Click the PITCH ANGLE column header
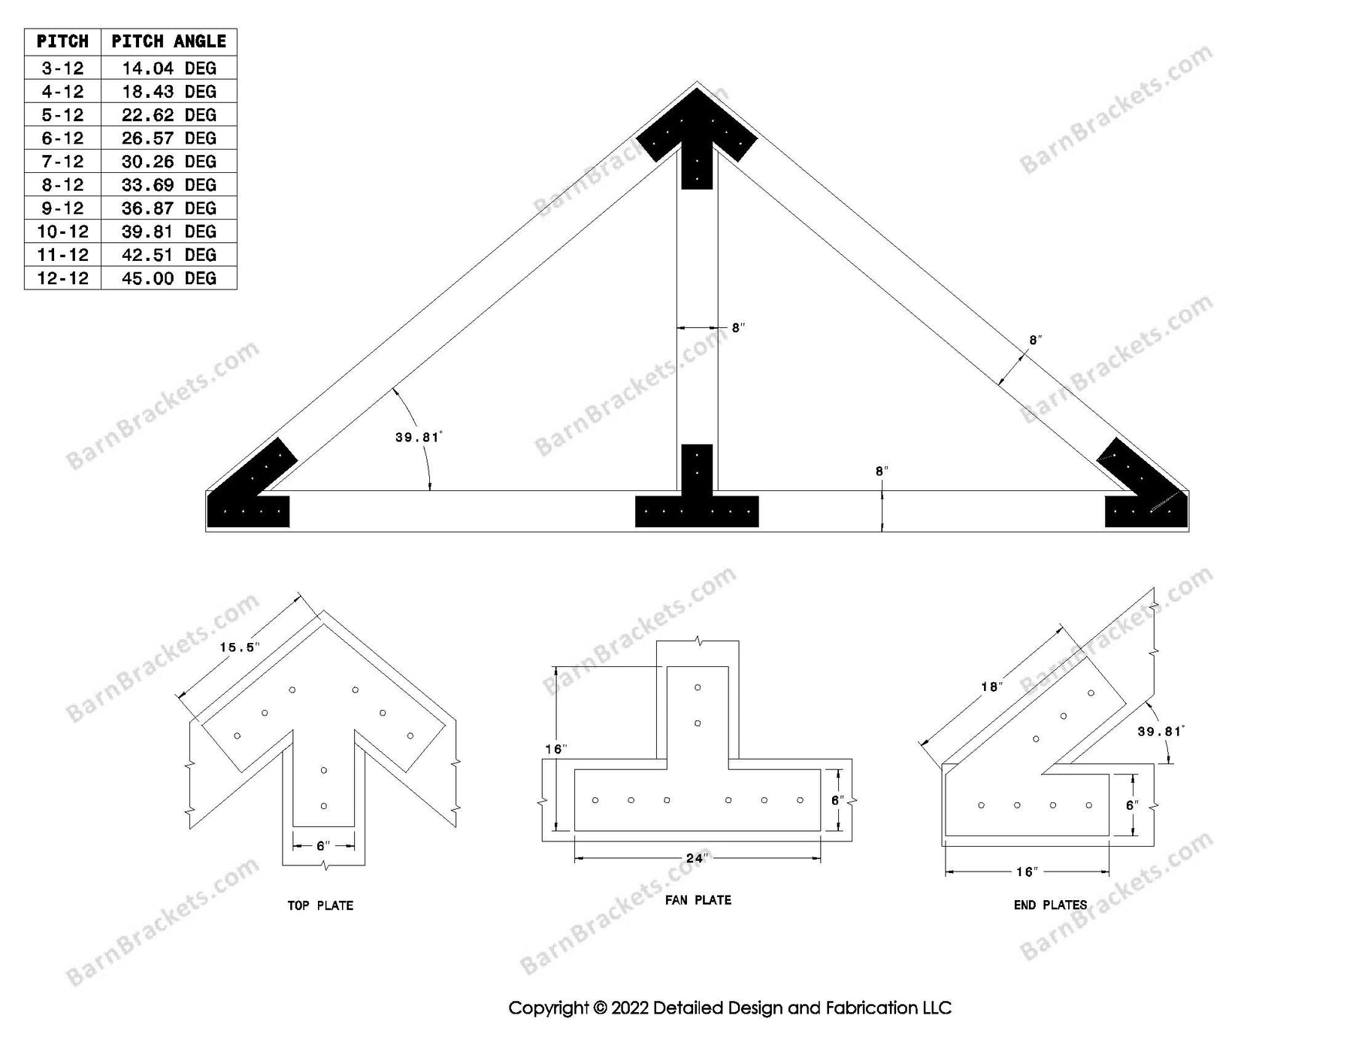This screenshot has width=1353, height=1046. point(168,41)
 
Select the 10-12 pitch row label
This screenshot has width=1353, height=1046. point(62,232)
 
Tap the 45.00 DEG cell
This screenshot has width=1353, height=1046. point(168,278)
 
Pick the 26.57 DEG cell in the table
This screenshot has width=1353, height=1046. point(168,138)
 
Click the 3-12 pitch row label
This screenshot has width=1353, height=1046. point(62,68)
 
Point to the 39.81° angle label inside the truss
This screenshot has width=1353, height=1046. point(419,437)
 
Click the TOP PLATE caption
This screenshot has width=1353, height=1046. point(320,905)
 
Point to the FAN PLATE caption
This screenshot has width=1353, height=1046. point(698,899)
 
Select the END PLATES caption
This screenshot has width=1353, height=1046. point(1050,905)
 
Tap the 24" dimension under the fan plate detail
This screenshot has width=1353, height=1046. point(696,858)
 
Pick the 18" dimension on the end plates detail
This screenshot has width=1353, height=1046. point(991,687)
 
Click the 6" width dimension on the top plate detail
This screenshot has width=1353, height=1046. point(323,846)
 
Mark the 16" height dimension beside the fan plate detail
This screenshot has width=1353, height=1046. point(555,749)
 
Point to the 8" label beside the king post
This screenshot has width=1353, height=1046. point(738,328)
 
